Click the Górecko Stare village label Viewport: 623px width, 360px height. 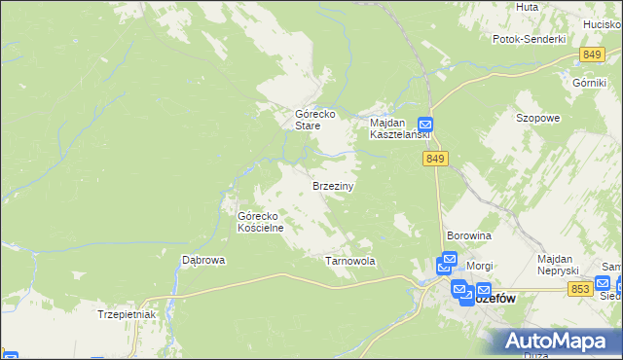click(315, 120)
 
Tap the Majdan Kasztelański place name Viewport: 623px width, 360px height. click(392, 129)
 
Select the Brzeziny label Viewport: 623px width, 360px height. click(333, 185)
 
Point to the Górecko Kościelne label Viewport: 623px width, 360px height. click(260, 222)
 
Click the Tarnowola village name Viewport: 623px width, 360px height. click(349, 262)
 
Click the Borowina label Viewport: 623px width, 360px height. click(468, 236)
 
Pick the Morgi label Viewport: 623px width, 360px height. click(480, 266)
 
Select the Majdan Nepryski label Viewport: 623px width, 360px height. click(559, 264)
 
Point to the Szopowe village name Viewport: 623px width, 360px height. click(537, 118)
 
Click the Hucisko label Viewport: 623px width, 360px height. click(603, 22)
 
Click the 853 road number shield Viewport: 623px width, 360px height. click(581, 289)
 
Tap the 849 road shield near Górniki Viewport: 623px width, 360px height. click(592, 54)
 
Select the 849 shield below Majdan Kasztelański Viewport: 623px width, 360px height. click(435, 159)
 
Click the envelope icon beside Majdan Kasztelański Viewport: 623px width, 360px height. click(425, 125)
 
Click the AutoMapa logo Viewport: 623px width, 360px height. click(559, 341)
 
